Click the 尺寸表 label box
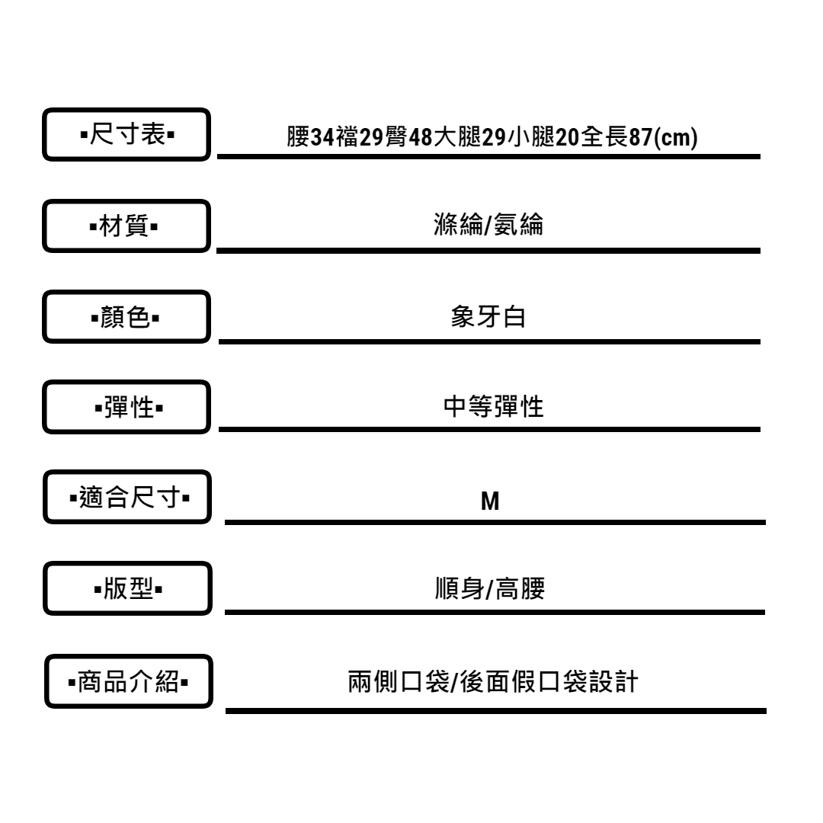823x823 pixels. (x=126, y=135)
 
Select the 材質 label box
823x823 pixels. (x=126, y=226)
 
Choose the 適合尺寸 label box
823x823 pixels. (x=126, y=499)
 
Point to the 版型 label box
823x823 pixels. (x=126, y=589)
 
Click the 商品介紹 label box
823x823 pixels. (x=126, y=680)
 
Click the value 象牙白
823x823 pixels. (x=488, y=317)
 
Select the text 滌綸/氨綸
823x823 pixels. (x=488, y=226)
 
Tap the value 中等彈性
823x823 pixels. (x=493, y=408)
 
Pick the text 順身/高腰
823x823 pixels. (x=488, y=591)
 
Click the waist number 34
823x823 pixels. (x=323, y=138)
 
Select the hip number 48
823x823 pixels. (x=421, y=138)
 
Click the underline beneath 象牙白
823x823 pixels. (x=488, y=341)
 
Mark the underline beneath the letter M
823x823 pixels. (x=494, y=523)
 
